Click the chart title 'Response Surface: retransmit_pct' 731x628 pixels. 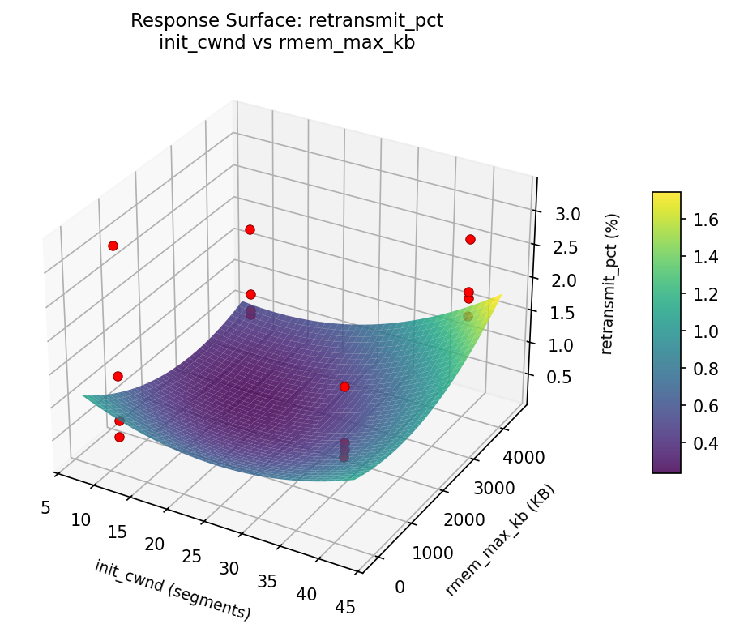pyautogui.click(x=287, y=21)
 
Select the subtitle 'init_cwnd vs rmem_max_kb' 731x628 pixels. pyautogui.click(x=287, y=43)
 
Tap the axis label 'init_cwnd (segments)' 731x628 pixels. pyautogui.click(x=173, y=589)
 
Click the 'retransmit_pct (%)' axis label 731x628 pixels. pyautogui.click(x=613, y=284)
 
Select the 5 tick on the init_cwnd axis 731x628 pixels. pyautogui.click(x=45, y=507)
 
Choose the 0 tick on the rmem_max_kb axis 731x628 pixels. pyautogui.click(x=400, y=586)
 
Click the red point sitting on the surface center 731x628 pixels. pyautogui.click(x=344, y=387)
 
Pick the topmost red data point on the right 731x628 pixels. pyautogui.click(x=470, y=239)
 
